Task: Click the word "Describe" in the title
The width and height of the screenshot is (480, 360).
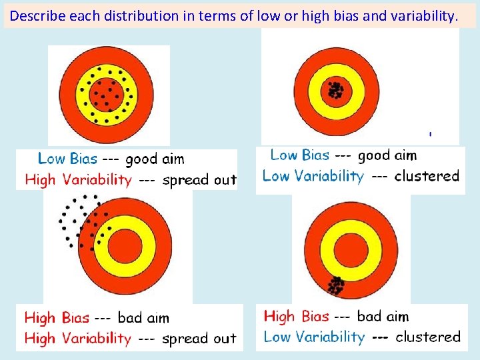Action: [x=37, y=15]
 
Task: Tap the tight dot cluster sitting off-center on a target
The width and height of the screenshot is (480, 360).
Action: [x=335, y=286]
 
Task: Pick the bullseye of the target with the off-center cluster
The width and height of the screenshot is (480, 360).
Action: [x=345, y=245]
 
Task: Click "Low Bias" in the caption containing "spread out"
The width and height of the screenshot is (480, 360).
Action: [x=67, y=159]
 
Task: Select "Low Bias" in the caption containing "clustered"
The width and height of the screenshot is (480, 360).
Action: [x=299, y=155]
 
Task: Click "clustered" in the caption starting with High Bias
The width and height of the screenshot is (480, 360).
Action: [x=428, y=337]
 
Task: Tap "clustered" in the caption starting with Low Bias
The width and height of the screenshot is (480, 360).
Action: [x=427, y=176]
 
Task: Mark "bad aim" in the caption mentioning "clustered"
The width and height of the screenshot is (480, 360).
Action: [x=383, y=316]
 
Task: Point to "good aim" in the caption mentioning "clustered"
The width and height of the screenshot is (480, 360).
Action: [x=387, y=155]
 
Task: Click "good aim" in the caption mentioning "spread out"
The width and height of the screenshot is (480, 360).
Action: [x=155, y=159]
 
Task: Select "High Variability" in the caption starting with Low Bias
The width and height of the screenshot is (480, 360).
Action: [x=78, y=179]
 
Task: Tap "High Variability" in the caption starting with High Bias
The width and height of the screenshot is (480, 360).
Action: [x=78, y=338]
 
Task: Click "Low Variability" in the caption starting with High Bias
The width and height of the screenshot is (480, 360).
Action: [x=314, y=337]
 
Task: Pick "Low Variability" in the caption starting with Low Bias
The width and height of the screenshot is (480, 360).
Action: [x=313, y=176]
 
